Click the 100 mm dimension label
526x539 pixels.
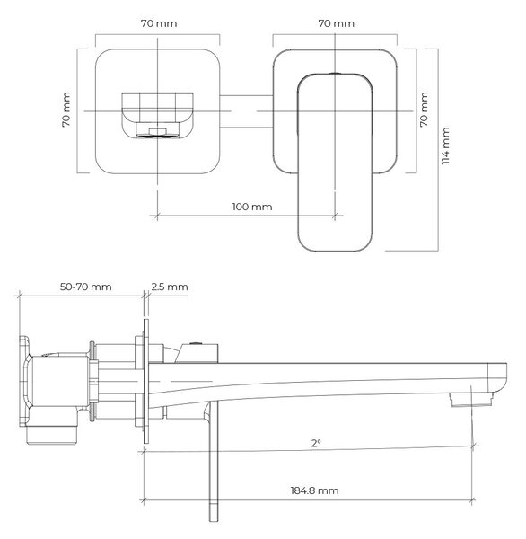[252, 207]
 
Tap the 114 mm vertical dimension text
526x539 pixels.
[445, 146]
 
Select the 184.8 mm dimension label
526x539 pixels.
[314, 490]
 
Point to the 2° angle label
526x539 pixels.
[316, 443]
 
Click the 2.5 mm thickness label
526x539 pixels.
[170, 287]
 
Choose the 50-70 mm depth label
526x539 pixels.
[86, 287]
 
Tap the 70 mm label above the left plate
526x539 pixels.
[159, 23]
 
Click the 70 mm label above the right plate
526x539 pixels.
[336, 23]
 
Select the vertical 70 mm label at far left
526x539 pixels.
[66, 110]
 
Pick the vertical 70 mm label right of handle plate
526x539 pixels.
[424, 110]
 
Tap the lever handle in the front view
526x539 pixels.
[335, 162]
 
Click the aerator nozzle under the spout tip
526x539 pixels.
[472, 400]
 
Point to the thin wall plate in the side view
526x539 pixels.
[146, 381]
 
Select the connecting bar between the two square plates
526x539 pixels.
[246, 111]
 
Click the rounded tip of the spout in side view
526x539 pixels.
[503, 377]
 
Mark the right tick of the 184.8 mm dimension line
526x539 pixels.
[472, 500]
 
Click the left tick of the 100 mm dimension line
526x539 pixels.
[157, 216]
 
